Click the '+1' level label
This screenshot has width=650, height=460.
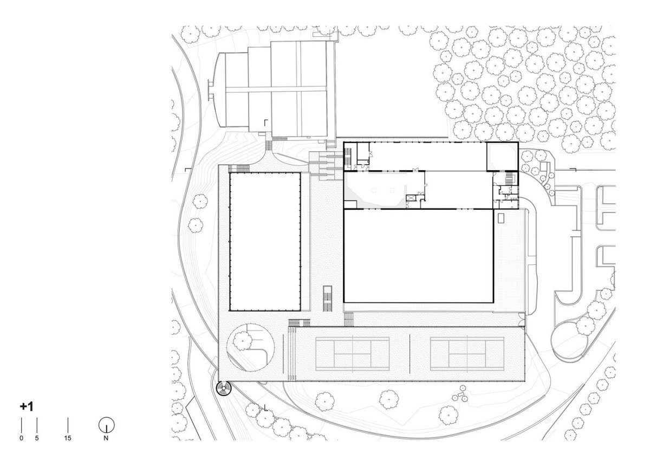click(x=27, y=406)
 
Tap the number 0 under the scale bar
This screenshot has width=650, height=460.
click(x=21, y=438)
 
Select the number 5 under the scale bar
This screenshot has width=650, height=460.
click(x=37, y=438)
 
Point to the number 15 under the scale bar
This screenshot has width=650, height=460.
click(x=68, y=438)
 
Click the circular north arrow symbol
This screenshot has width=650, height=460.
click(x=107, y=425)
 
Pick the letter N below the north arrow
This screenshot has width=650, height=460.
click(x=106, y=438)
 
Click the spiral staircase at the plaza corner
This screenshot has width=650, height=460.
click(x=224, y=388)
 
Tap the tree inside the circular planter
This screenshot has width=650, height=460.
click(x=243, y=341)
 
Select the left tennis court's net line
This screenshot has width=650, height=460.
click(x=352, y=354)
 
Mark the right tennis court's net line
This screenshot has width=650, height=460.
click(x=467, y=354)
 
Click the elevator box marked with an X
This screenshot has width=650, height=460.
click(x=411, y=198)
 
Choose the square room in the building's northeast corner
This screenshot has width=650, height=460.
click(x=502, y=156)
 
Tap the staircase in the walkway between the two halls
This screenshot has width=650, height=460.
click(x=328, y=299)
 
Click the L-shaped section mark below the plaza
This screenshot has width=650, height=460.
click(x=265, y=408)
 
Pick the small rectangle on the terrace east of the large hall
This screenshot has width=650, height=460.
click(x=501, y=218)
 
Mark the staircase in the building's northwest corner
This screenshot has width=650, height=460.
click(x=348, y=157)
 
